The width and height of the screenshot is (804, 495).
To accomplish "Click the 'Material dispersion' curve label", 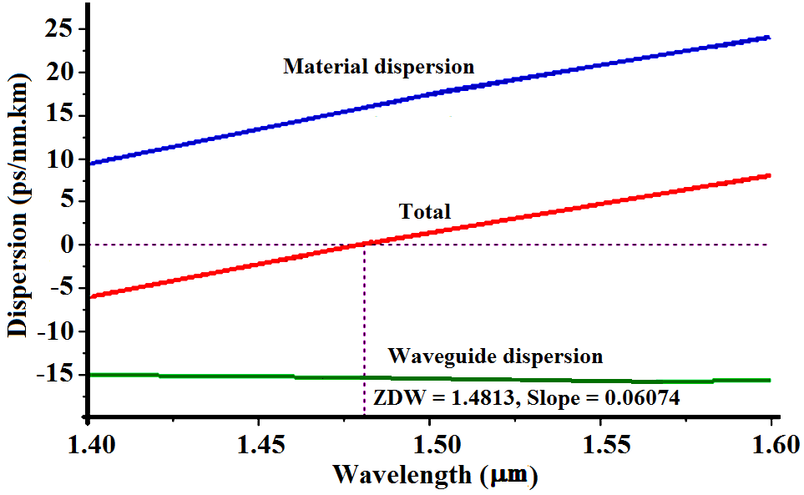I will point(378,67).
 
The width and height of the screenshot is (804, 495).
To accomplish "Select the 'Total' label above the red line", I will point(424,212).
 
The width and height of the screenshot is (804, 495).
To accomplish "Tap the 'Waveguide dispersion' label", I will point(495,357).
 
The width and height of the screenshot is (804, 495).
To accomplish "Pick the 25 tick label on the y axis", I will point(62,29).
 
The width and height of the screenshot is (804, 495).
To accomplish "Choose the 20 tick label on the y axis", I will point(62,73).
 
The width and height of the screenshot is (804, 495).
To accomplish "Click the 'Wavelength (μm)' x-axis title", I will point(435,476).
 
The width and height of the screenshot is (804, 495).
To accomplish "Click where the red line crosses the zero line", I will point(365,244).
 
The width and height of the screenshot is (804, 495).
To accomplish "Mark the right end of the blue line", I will point(769,38).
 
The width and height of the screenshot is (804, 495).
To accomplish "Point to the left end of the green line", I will point(90,375).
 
